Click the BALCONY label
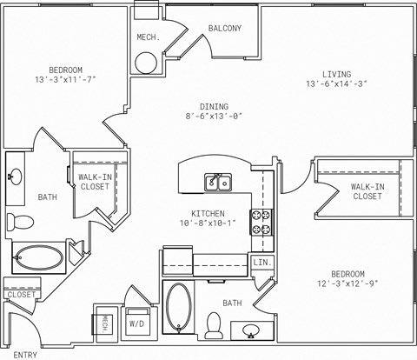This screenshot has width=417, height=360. [224, 29]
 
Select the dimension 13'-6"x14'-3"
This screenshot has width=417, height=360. [338, 85]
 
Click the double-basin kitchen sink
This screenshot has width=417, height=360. [217, 182]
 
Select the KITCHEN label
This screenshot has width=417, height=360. [208, 214]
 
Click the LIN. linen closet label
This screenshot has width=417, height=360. [261, 262]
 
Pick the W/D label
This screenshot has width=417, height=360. [137, 323]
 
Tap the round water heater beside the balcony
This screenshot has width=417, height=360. [146, 63]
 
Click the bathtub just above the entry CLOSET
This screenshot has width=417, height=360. [39, 258]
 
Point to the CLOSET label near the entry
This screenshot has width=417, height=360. [22, 295]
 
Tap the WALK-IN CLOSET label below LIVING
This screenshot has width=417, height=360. [367, 191]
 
